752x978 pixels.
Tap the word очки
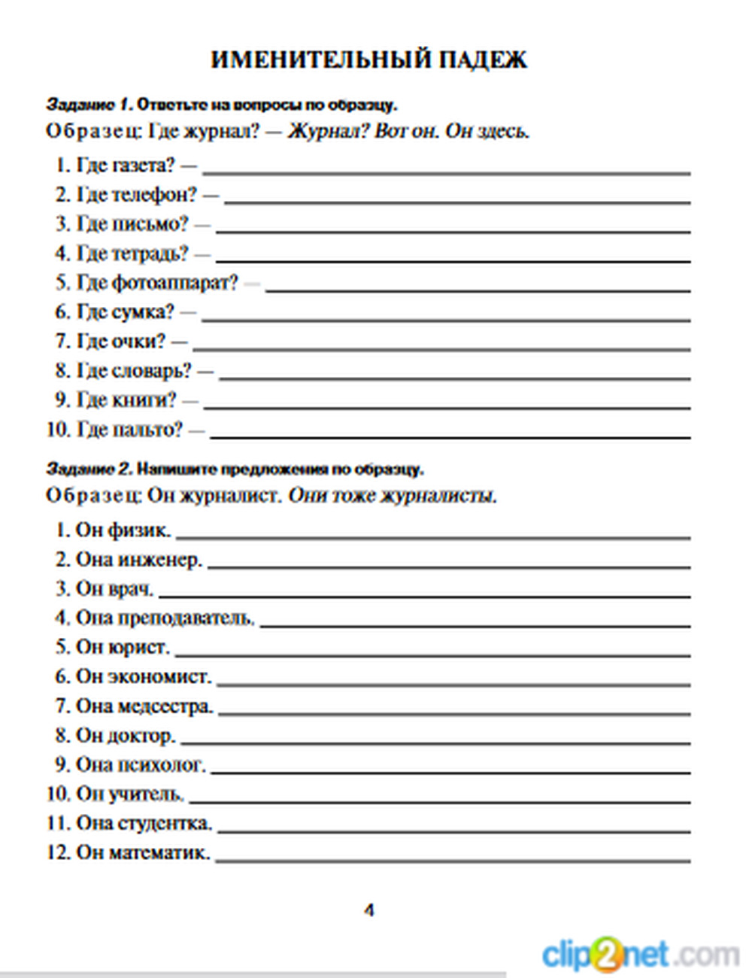coord(138,342)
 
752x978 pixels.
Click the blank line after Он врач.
coord(425,596)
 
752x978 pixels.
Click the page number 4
coord(368,910)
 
